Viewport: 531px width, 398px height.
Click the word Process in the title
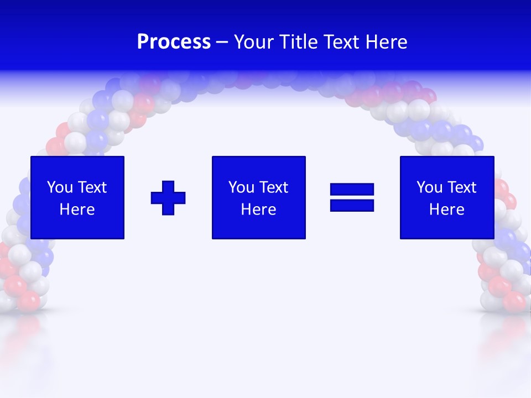click(174, 42)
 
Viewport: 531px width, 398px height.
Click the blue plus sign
click(168, 198)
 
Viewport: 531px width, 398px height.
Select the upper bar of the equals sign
click(352, 190)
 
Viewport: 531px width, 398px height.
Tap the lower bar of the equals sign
click(352, 206)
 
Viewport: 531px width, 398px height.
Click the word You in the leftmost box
click(60, 187)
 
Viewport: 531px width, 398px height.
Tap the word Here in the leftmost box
click(77, 210)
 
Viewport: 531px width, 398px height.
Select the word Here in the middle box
click(259, 210)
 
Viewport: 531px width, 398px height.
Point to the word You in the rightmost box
click(429, 187)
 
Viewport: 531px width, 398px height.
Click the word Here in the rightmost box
click(447, 210)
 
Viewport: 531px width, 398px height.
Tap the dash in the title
click(222, 43)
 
